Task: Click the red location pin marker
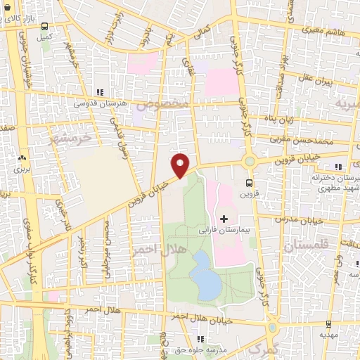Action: [181, 165]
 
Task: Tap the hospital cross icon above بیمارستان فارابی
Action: [224, 219]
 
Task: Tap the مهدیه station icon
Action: [328, 324]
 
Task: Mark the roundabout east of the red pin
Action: [248, 162]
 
